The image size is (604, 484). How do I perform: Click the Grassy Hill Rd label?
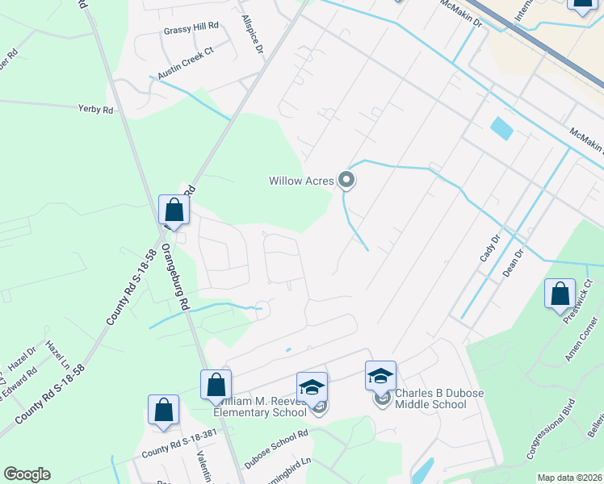pyautogui.click(x=191, y=27)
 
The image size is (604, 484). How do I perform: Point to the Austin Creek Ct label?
pyautogui.click(x=186, y=61)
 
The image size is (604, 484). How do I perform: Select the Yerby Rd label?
pyautogui.click(x=95, y=109)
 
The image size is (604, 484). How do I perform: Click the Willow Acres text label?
pyautogui.click(x=301, y=181)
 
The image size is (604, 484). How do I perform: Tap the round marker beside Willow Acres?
pyautogui.click(x=347, y=180)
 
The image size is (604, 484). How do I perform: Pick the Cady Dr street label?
pyautogui.click(x=490, y=247)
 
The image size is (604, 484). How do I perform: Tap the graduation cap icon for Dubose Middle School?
pyautogui.click(x=381, y=376)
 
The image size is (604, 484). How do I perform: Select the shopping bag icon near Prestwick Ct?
pyautogui.click(x=560, y=294)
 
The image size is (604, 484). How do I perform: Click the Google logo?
pyautogui.click(x=27, y=474)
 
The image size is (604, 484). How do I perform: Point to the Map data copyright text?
pyautogui.click(x=568, y=478)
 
